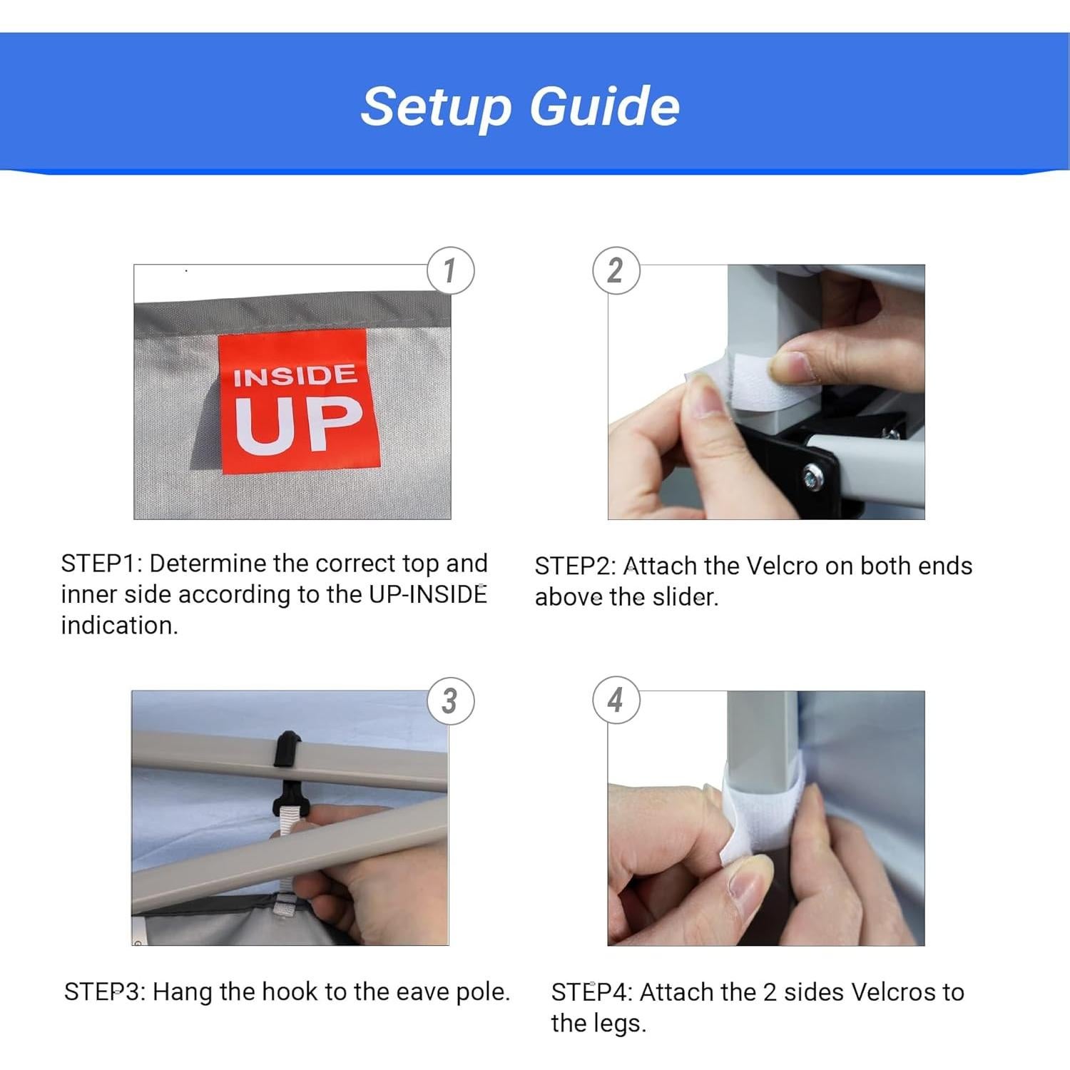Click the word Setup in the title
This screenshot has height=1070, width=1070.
437,107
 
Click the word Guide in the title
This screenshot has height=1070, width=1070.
604,107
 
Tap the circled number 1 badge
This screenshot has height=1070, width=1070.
450,270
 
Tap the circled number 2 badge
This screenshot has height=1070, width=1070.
616,270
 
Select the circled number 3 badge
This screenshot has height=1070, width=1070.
450,701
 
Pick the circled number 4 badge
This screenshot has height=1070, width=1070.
616,700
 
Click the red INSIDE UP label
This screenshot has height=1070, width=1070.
298,402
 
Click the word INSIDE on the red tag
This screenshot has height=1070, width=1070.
295,375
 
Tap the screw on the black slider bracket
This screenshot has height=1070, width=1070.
813,476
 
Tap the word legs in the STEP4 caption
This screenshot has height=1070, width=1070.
623,1024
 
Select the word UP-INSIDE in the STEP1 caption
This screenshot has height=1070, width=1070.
428,594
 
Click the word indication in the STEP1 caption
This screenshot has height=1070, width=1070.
119,626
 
